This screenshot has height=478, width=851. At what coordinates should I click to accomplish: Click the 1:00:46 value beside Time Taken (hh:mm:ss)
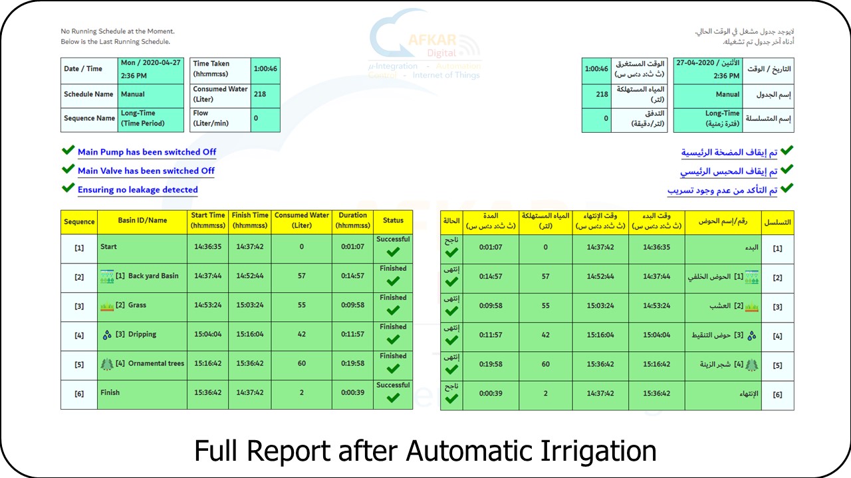coord(265,68)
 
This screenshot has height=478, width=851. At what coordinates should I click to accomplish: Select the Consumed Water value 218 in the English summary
coord(260,94)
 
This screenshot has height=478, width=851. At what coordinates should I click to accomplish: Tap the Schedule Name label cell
coord(89,94)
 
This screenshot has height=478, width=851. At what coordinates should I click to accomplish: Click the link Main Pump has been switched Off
coord(147,152)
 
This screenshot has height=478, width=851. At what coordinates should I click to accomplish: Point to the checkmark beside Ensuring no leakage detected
coord(68,187)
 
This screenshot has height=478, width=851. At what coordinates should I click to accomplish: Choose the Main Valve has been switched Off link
coord(146,171)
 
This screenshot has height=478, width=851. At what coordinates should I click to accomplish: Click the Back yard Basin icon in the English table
coord(107,277)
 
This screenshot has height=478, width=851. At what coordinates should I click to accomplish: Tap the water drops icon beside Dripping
coord(107,335)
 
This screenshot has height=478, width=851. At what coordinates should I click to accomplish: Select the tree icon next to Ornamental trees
coord(107,364)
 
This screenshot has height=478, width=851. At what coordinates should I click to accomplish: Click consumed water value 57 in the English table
coord(302,276)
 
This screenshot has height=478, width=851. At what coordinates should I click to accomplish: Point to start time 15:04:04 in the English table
coord(208,334)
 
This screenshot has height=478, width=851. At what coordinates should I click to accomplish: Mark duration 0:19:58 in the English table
coord(352,363)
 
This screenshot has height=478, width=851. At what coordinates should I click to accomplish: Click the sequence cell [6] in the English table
coord(79,394)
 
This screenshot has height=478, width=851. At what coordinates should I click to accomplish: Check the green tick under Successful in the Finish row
coord(393,398)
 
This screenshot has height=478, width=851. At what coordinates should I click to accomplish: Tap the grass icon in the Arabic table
coord(751,307)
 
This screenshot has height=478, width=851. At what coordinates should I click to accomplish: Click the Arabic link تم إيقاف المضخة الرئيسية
coord(729,153)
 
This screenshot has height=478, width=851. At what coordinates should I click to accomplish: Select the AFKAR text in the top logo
coord(432,40)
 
